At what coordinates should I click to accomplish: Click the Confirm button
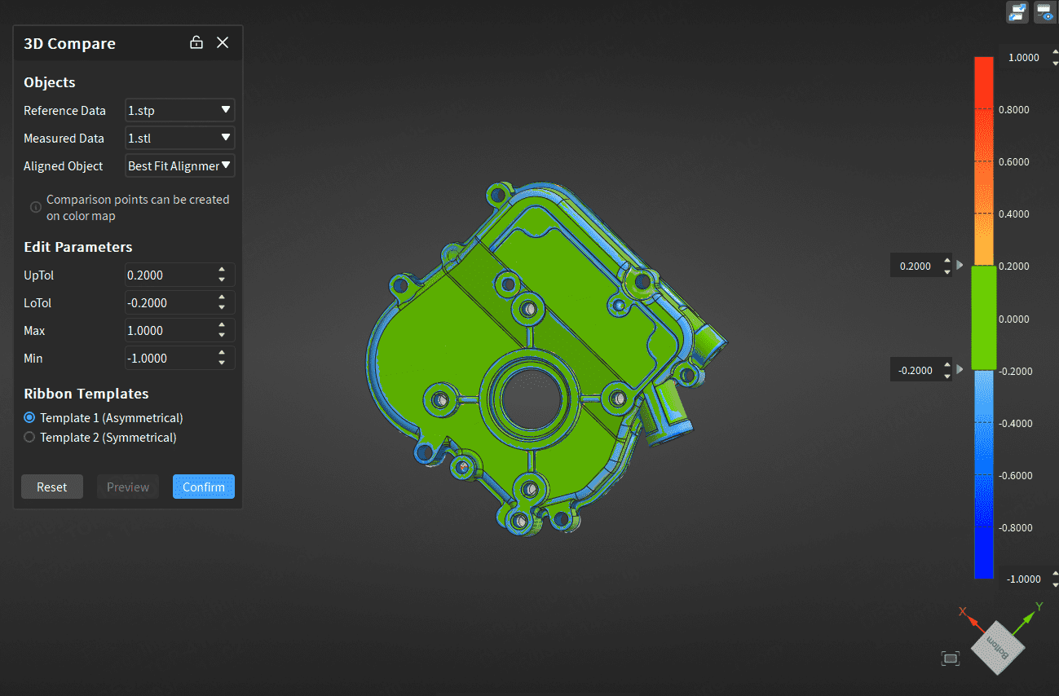pyautogui.click(x=203, y=487)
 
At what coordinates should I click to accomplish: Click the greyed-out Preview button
pyautogui.click(x=128, y=487)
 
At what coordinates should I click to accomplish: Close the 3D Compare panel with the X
pyautogui.click(x=223, y=42)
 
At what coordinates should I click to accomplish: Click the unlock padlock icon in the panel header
pyautogui.click(x=196, y=42)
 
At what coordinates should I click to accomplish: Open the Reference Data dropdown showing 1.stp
pyautogui.click(x=179, y=110)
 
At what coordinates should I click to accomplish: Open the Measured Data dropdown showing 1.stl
pyautogui.click(x=179, y=138)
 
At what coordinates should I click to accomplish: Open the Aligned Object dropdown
pyautogui.click(x=179, y=165)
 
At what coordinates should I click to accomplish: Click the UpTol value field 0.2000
pyautogui.click(x=170, y=275)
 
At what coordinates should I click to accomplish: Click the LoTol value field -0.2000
pyautogui.click(x=170, y=303)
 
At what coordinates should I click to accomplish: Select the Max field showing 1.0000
pyautogui.click(x=170, y=330)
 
